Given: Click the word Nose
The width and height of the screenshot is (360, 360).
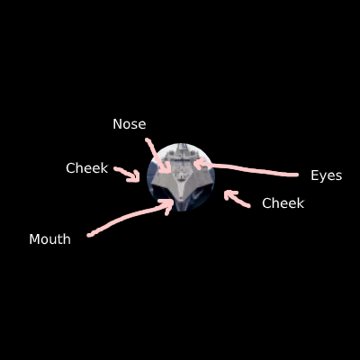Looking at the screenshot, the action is point(130,124).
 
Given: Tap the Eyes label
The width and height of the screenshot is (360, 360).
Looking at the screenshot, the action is point(327,175).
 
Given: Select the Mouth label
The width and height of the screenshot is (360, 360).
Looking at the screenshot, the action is point(49,239).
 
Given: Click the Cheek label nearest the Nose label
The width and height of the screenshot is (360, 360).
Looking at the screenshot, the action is point(86,168).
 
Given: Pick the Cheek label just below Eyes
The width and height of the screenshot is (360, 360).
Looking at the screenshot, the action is point(283,203).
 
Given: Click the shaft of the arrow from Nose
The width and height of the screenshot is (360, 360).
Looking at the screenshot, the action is point(157,156).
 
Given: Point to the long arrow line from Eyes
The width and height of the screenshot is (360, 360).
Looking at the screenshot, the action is point(246,170).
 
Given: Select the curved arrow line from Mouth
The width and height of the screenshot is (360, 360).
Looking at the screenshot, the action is point(129,218).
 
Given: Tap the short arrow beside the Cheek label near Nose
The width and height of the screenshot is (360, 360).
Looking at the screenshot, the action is point(128,174).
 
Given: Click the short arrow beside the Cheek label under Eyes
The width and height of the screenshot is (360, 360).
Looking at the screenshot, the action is point(236,199).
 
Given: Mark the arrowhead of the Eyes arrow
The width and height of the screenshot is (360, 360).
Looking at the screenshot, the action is point(198,165).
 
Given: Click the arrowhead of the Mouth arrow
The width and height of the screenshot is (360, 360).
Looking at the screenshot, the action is point(168,204).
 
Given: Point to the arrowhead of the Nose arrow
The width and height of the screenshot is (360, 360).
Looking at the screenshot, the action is point(166,168).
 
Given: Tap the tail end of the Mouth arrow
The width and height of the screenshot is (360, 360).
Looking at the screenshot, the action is point(89,236).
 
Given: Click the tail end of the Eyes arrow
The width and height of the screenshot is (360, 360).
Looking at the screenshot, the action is point(297,175).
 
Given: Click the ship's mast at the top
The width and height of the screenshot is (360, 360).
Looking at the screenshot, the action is point(182,147).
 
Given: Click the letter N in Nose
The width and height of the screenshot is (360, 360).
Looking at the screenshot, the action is point(116,124).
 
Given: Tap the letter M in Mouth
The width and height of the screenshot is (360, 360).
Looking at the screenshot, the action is point(33,239).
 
